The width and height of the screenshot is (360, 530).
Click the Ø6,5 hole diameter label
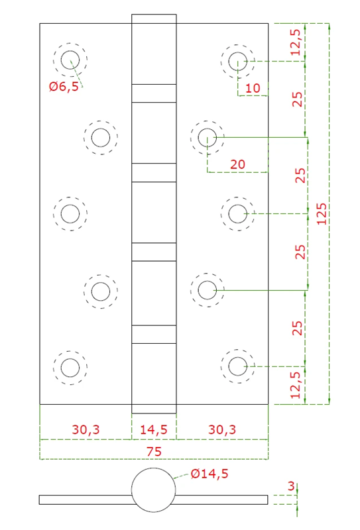64,87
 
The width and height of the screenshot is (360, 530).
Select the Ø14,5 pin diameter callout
209,474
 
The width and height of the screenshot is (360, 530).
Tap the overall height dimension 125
322,214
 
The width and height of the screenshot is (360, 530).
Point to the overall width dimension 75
154,450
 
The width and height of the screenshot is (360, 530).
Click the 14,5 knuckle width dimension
154,429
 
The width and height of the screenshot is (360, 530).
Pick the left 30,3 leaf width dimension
86,429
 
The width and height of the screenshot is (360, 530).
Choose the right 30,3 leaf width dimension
222,429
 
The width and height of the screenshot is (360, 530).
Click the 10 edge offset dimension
253,88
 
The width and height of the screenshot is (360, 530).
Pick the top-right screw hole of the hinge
237,62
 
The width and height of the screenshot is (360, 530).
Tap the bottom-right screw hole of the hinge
237,366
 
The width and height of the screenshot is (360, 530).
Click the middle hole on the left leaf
70,214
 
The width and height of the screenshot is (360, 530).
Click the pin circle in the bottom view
154,489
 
